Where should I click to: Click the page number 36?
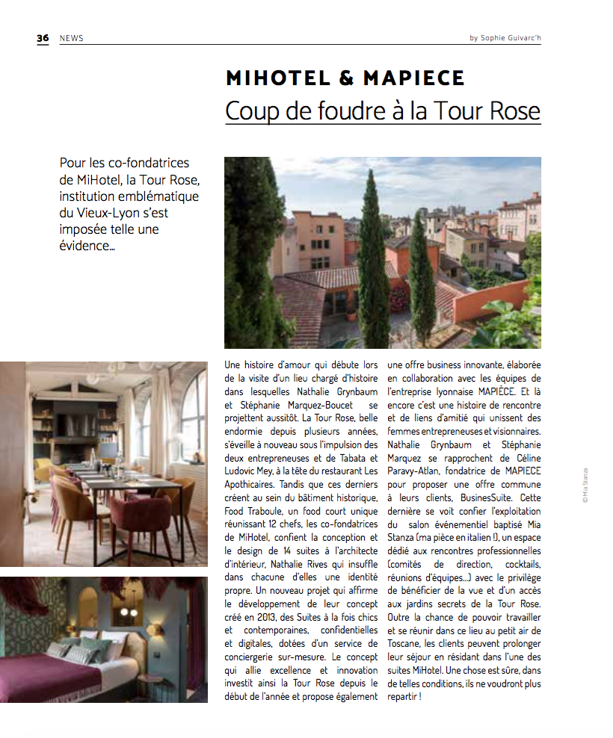pyautogui.click(x=43, y=38)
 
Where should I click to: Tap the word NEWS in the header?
pyautogui.click(x=71, y=38)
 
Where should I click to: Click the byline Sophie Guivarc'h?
pyautogui.click(x=509, y=38)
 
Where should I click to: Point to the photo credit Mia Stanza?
pyautogui.click(x=585, y=485)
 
